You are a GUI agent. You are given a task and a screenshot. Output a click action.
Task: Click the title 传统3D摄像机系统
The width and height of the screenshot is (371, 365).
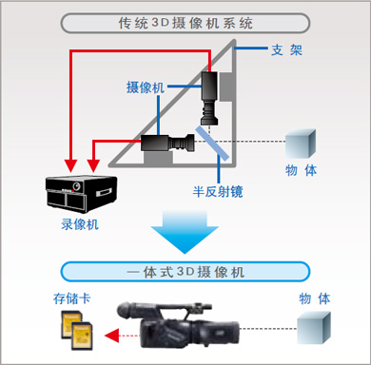185,21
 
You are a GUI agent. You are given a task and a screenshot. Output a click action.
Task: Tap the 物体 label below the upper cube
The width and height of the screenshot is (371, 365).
301,171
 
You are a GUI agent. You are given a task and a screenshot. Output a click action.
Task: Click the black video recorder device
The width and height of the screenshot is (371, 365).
80,190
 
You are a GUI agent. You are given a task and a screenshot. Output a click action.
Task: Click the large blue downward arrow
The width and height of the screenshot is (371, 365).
185,235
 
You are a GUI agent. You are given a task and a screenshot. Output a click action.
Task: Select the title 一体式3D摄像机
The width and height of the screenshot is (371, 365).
185,272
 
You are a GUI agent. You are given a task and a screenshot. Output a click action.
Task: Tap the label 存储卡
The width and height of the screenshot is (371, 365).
72,298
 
